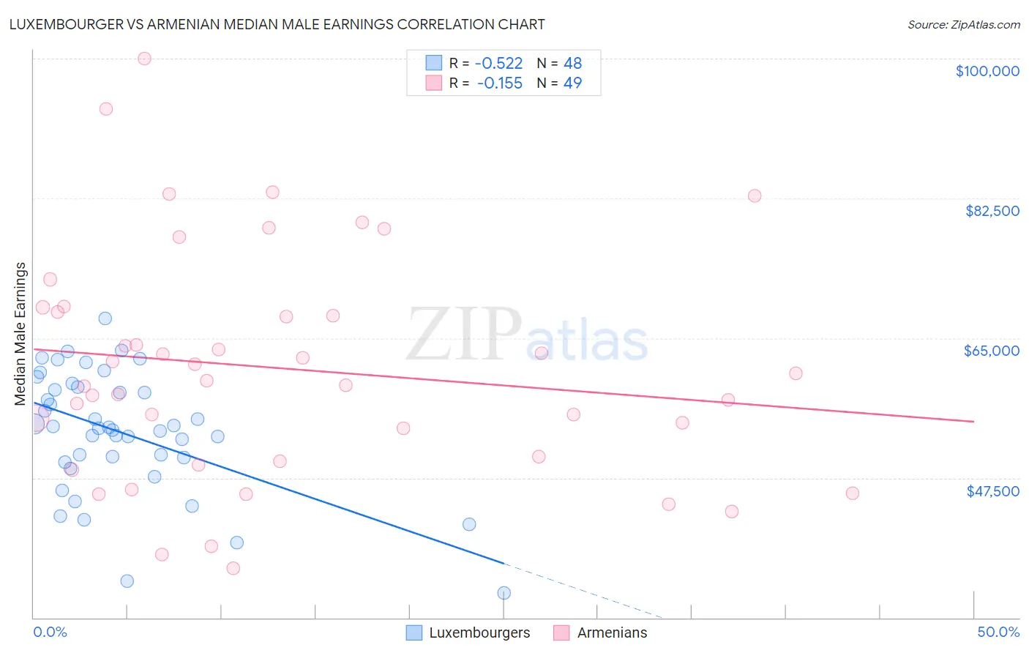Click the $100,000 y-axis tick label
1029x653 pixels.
click(x=987, y=71)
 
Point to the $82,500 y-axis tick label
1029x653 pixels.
click(x=992, y=211)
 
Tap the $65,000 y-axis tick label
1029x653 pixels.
click(x=991, y=351)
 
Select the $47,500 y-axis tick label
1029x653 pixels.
click(x=992, y=491)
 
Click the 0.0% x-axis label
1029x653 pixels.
click(x=50, y=632)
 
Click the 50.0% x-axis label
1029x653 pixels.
click(x=998, y=632)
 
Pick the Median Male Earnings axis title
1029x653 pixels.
click(x=20, y=333)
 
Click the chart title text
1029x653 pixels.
click(x=277, y=24)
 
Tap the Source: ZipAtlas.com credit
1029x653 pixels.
click(x=963, y=25)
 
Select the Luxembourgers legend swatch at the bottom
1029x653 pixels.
click(x=414, y=633)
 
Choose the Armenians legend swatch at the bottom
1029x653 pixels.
click(x=561, y=633)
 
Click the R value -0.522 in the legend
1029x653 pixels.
click(x=498, y=64)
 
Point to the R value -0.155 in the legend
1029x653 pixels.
click(x=499, y=83)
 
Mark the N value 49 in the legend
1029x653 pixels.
click(x=572, y=83)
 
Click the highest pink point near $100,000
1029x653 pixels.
click(x=144, y=59)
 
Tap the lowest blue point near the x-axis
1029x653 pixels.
click(x=504, y=593)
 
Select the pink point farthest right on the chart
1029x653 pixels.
click(x=852, y=493)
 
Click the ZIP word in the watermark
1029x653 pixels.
click(x=463, y=335)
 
